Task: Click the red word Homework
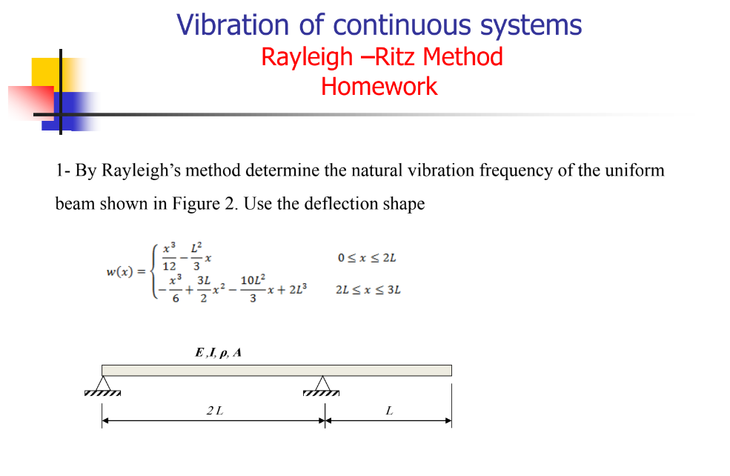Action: [x=379, y=87]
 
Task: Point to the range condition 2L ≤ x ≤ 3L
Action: [x=368, y=289]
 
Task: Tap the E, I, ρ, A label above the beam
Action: [x=218, y=353]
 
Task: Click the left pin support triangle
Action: [x=102, y=384]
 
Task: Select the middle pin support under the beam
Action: [x=321, y=384]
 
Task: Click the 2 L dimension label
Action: [x=215, y=411]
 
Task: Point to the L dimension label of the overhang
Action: [x=389, y=411]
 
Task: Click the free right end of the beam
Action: [x=449, y=370]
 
